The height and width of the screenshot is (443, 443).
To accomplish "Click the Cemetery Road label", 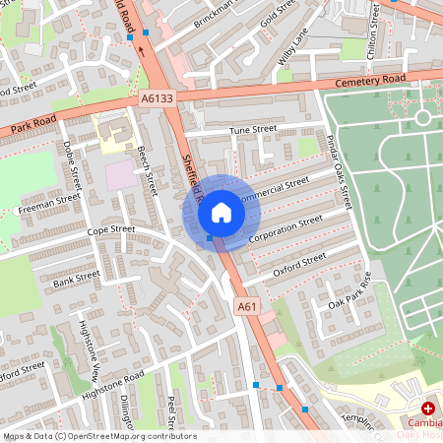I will coord(369,82).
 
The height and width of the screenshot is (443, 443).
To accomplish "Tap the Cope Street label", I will coord(110,229).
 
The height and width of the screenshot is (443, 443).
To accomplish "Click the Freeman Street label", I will coord(49,203).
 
